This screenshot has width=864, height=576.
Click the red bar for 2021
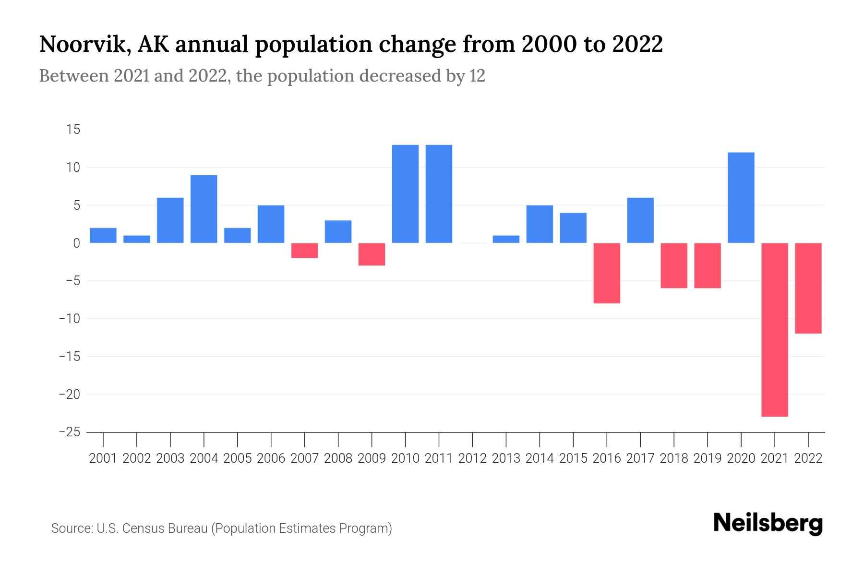point(775,329)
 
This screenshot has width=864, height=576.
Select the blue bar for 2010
point(405,193)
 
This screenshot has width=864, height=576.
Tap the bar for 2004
point(204,209)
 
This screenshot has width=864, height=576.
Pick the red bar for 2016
point(607,273)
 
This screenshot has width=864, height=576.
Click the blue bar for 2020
point(741,197)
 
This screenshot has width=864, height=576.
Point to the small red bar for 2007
point(304,251)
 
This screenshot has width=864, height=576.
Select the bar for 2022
point(808,288)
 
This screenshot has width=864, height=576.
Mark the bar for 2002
point(137,239)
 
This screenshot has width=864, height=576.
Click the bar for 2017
point(640,220)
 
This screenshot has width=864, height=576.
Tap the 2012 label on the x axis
point(472,458)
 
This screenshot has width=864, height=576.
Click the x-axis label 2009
point(372,458)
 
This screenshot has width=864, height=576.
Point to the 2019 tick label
point(708,458)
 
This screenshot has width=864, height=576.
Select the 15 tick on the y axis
point(73,130)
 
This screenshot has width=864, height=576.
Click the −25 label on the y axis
point(70,432)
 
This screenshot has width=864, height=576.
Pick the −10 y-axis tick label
point(70,319)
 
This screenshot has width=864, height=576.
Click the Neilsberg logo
point(768,523)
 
